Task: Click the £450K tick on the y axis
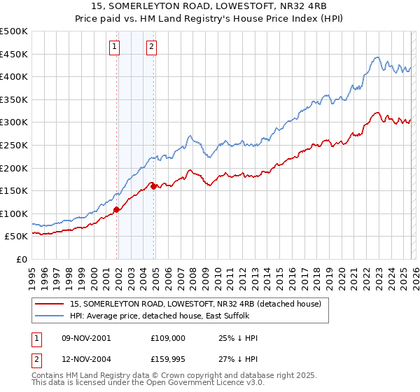coord(14,54)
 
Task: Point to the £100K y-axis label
coord(14,213)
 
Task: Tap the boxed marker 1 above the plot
coord(114,47)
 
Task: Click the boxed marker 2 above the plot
coord(151,47)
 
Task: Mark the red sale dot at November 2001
coord(117,209)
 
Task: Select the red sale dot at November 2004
coord(154,186)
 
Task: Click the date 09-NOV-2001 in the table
coord(85,338)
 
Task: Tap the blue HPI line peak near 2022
coord(377,57)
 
